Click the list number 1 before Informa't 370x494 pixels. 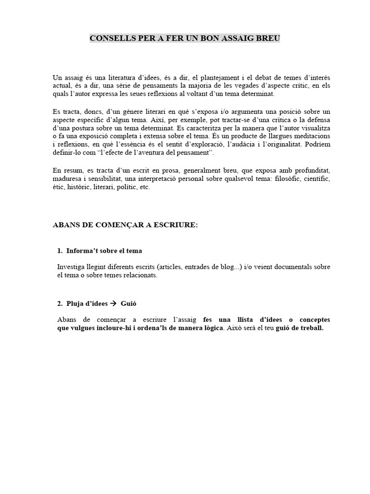[x=59, y=251]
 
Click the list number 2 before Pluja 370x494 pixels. [x=59, y=303]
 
